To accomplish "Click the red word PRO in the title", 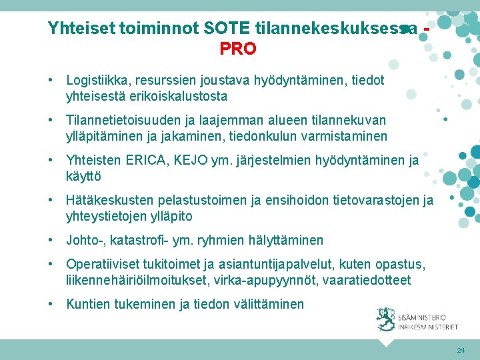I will (238, 49).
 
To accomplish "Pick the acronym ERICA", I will (142, 160).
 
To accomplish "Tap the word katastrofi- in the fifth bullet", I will (141, 240).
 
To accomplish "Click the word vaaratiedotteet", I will (366, 280).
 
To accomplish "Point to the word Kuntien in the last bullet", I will (87, 304).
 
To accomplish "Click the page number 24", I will (461, 350).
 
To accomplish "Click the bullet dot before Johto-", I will (51, 240).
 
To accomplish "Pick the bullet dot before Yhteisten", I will (51, 160).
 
